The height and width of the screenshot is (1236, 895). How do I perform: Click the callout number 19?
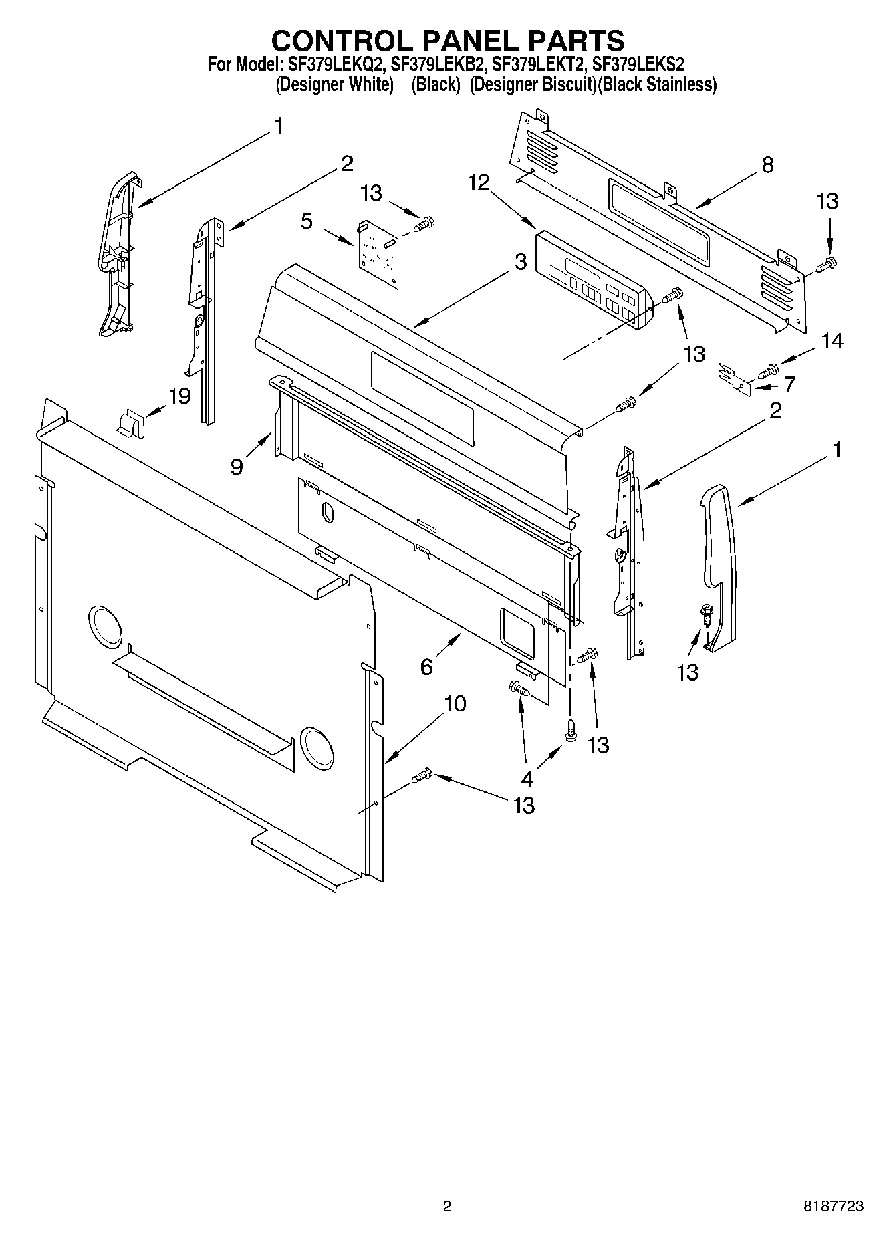(179, 396)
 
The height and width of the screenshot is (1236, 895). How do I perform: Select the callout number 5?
(307, 221)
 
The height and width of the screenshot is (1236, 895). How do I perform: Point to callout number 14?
(832, 341)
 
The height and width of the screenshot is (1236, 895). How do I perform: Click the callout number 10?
(455, 703)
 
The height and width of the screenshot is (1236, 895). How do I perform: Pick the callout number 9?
(237, 466)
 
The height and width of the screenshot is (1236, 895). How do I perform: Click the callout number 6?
(426, 666)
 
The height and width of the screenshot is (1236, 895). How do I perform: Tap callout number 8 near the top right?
(767, 164)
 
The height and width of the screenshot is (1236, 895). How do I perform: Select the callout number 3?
(521, 263)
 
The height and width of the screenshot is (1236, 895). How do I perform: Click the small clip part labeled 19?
(132, 424)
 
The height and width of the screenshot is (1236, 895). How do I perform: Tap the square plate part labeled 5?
(376, 254)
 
